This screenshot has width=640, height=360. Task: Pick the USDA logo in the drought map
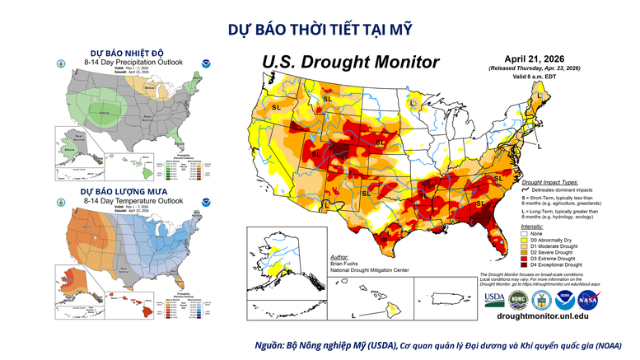click(x=495, y=299)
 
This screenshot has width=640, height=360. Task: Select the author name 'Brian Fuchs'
click(x=346, y=265)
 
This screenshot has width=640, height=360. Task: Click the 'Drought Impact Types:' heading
click(x=550, y=180)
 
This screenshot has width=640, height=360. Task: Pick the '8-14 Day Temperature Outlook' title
click(x=128, y=200)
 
